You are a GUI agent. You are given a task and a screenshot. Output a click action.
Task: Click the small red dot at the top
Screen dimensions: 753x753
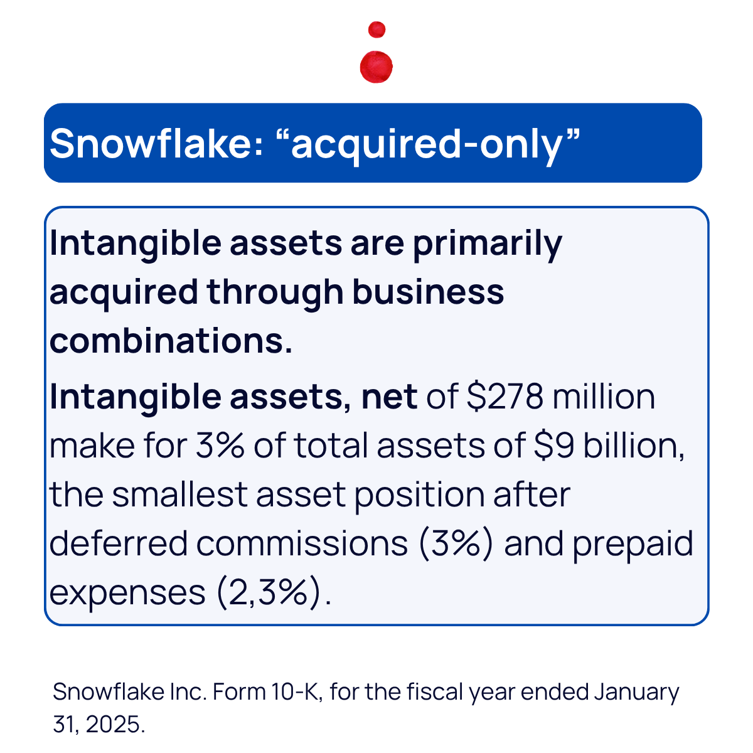coord(376,29)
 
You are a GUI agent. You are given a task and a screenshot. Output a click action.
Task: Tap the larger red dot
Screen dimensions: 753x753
coord(376,67)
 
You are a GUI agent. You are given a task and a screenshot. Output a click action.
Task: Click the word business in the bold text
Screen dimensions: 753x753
coord(429,292)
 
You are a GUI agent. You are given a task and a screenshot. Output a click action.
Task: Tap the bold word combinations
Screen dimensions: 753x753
coord(171,341)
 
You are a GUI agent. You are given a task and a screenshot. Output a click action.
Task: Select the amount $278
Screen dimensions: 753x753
coord(505,397)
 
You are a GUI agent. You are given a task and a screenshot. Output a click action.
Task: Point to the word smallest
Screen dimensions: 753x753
coord(179,494)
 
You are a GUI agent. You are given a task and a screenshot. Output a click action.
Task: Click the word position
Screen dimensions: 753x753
coord(419,497)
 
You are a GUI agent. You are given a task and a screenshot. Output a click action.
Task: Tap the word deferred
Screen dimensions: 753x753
coord(119,543)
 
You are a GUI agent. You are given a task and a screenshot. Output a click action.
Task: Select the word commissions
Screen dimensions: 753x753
coord(302,544)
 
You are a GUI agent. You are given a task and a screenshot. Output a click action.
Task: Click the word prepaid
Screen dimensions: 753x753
coord(633,546)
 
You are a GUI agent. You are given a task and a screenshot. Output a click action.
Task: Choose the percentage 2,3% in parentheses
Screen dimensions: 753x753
coord(269,593)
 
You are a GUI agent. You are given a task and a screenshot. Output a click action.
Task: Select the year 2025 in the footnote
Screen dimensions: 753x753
coord(113,724)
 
